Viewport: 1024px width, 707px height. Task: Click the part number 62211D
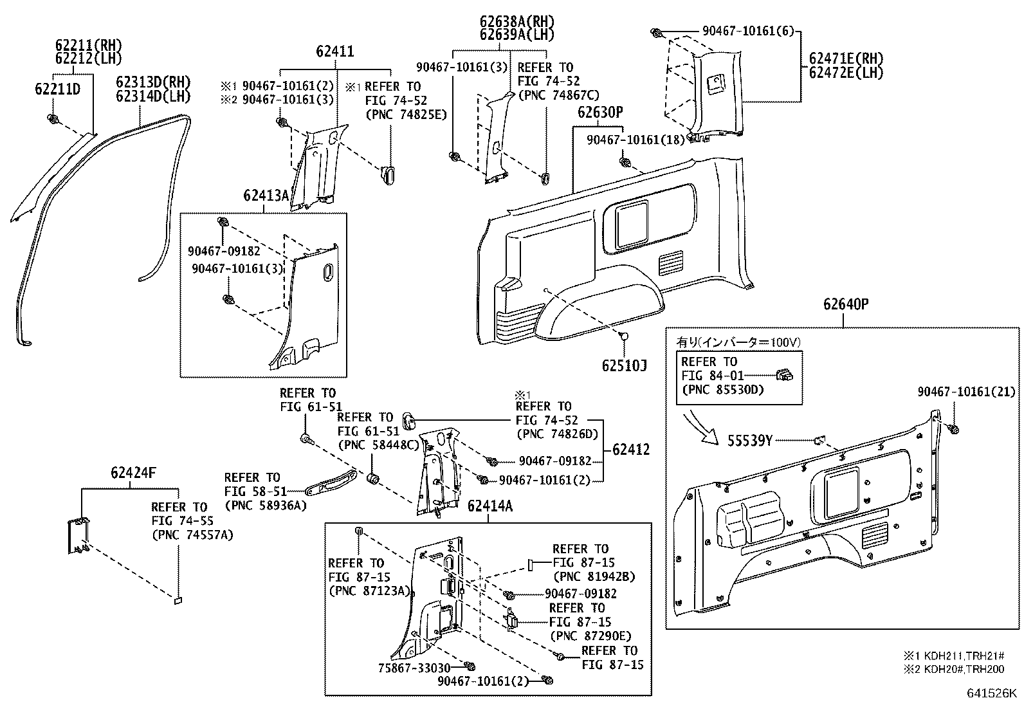pyautogui.click(x=57, y=89)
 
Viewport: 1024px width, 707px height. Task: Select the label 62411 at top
pyautogui.click(x=334, y=51)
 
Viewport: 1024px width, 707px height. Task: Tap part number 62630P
pyautogui.click(x=599, y=113)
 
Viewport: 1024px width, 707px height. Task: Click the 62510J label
pyautogui.click(x=624, y=366)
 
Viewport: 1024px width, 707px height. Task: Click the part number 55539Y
pyautogui.click(x=749, y=441)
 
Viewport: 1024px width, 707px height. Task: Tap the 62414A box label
pyautogui.click(x=489, y=506)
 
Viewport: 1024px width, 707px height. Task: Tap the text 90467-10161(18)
pyautogui.click(x=635, y=140)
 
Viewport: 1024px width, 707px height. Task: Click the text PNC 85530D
pyautogui.click(x=722, y=390)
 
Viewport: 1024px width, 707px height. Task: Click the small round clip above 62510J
pyautogui.click(x=623, y=334)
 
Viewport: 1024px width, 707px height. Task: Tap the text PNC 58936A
pyautogui.click(x=265, y=506)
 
